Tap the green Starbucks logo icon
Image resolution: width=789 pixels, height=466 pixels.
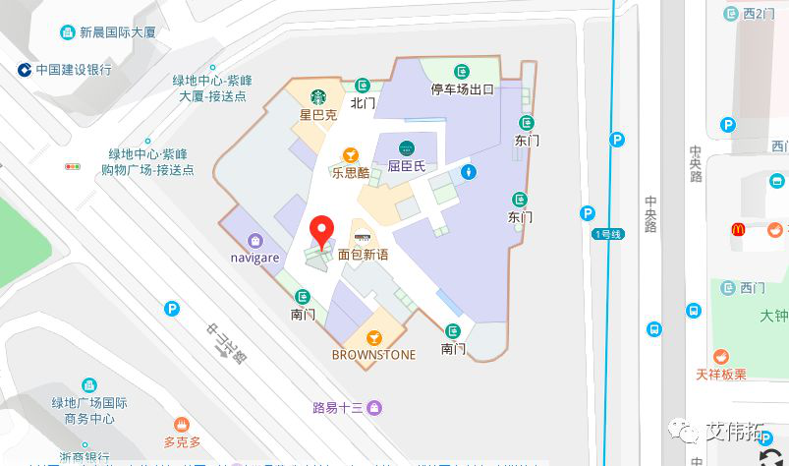pyautogui.click(x=318, y=97)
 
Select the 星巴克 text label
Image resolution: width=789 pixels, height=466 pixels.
pyautogui.click(x=318, y=114)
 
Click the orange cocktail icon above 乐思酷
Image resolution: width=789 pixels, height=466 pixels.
pyautogui.click(x=350, y=154)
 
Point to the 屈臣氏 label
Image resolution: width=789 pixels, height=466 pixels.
pyautogui.click(x=406, y=166)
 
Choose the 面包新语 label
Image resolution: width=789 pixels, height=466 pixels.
pyautogui.click(x=363, y=254)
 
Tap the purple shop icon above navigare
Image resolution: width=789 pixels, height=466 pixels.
pyautogui.click(x=255, y=240)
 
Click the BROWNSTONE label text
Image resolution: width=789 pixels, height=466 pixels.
pyautogui.click(x=373, y=354)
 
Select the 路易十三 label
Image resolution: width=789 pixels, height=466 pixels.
pyautogui.click(x=339, y=407)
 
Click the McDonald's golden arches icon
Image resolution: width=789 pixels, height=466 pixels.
pyautogui.click(x=738, y=229)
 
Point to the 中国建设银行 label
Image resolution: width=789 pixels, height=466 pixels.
pyautogui.click(x=74, y=70)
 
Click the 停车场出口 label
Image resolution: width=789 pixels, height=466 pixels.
pyautogui.click(x=462, y=89)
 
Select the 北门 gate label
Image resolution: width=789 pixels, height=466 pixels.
pyautogui.click(x=363, y=102)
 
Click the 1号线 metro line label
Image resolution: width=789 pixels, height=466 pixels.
pyautogui.click(x=608, y=234)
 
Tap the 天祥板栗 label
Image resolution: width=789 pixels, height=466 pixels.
pyautogui.click(x=721, y=374)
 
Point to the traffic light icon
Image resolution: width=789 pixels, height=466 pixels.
pyautogui.click(x=73, y=167)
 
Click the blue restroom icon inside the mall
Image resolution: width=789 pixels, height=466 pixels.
pyautogui.click(x=471, y=172)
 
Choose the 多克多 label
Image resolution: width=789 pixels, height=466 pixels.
pyautogui.click(x=182, y=442)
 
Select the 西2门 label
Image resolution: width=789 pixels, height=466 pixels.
pyautogui.click(x=759, y=14)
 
